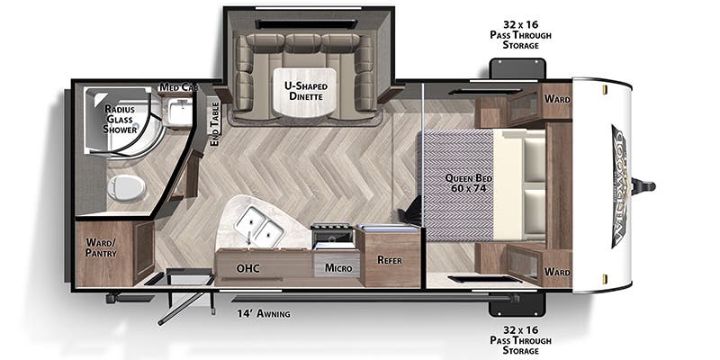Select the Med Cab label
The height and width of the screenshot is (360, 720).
tap(178, 87)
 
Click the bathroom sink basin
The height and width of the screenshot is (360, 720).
tap(180, 112)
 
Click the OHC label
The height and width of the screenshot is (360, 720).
tap(248, 267)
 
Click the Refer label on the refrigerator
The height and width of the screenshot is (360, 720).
tap(389, 260)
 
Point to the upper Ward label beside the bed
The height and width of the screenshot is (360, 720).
tap(557, 99)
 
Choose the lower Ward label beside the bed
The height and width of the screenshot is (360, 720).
tap(557, 271)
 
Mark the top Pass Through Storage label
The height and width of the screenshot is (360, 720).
tap(520, 33)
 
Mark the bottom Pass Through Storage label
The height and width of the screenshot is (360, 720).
tap(520, 337)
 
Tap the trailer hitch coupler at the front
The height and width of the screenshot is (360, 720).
tap(646, 186)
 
